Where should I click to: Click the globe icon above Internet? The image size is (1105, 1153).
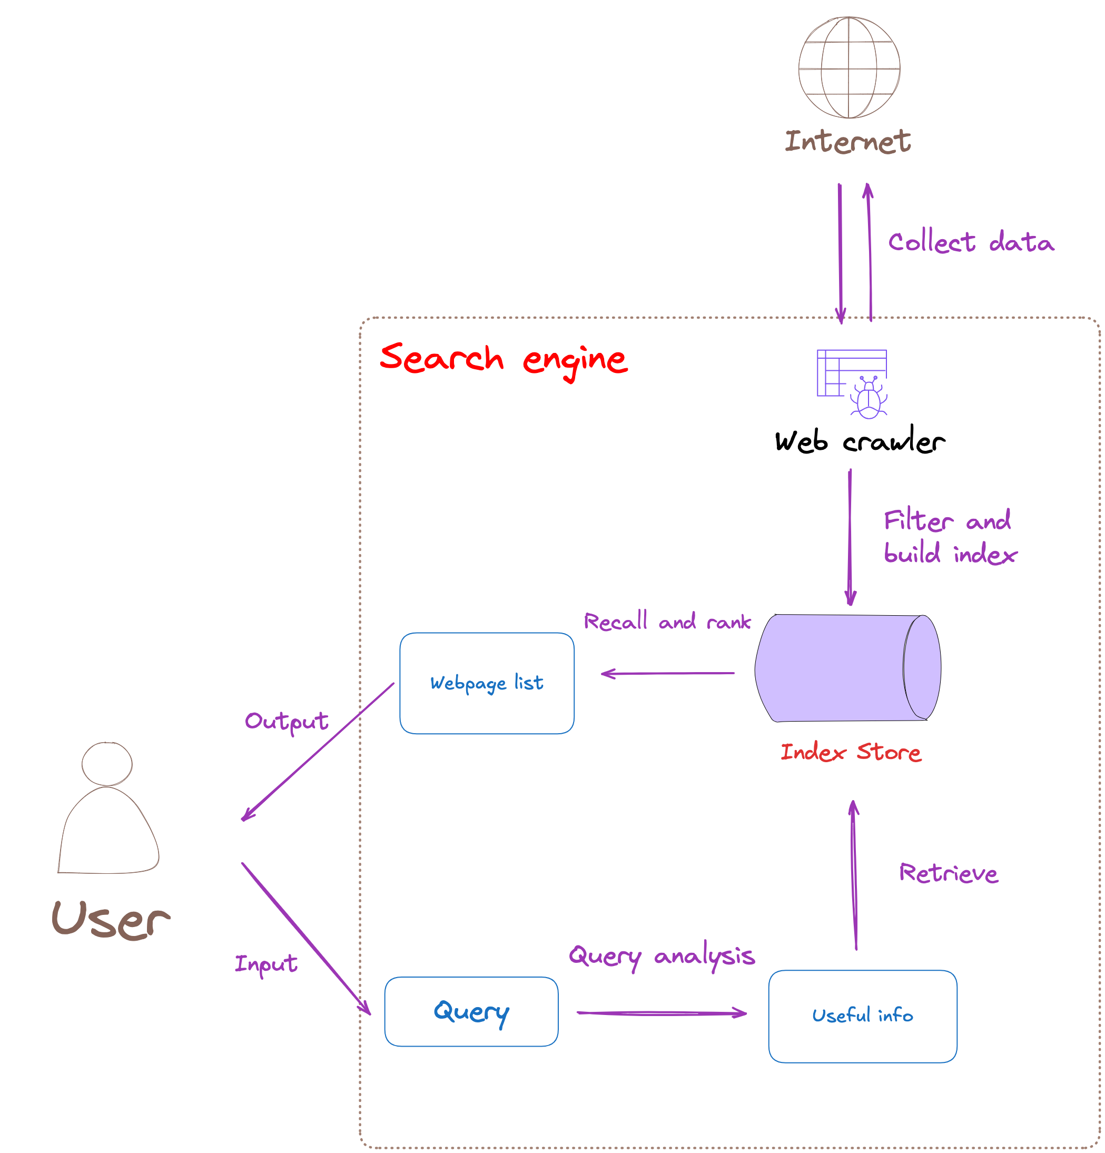(x=849, y=67)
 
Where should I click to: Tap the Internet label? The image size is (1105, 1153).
(x=847, y=142)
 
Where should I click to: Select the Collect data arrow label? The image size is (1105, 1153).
(x=970, y=242)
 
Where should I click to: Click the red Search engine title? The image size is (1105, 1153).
(x=504, y=359)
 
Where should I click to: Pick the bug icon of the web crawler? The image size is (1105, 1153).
(x=868, y=399)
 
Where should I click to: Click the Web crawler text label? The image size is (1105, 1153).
(x=859, y=441)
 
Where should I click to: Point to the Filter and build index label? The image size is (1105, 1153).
(x=949, y=537)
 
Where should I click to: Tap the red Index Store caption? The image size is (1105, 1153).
(x=851, y=752)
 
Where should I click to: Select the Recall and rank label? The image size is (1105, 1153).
(x=667, y=622)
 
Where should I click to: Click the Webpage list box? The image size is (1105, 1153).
(x=486, y=683)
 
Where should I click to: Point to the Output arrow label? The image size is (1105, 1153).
(x=287, y=721)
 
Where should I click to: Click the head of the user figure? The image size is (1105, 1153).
(x=106, y=763)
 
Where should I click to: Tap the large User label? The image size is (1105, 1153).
(x=111, y=920)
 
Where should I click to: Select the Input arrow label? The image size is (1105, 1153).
(x=266, y=963)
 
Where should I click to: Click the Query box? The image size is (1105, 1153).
(x=471, y=1011)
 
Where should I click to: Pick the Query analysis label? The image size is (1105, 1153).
(x=661, y=956)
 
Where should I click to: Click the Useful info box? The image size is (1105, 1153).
(x=862, y=1016)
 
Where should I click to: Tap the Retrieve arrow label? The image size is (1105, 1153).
(x=948, y=873)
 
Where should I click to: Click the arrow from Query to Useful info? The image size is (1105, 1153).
(x=661, y=1013)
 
